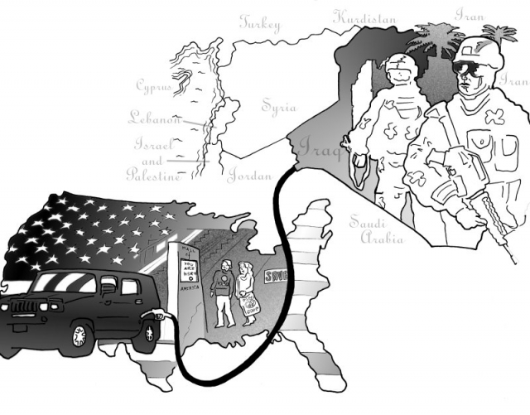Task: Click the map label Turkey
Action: point(260,23)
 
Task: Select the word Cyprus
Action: point(154,85)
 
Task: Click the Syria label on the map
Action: point(277,106)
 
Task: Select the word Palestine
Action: point(153,175)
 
